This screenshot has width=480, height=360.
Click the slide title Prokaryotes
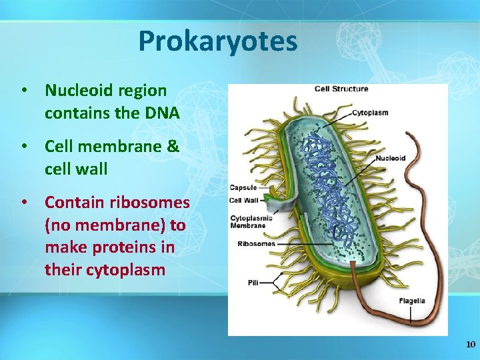tap(217, 41)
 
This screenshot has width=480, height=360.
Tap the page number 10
tap(471, 345)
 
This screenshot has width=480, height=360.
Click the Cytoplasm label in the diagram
tap(370, 113)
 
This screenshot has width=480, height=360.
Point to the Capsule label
tap(243, 187)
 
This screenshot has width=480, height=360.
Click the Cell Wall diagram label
tap(244, 200)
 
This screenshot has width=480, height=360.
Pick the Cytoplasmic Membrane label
tap(248, 221)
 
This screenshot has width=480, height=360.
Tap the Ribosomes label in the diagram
tap(256, 244)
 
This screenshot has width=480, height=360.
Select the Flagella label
tap(411, 301)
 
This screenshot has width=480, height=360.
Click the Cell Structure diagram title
tap(341, 89)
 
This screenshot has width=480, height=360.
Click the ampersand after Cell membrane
tap(173, 146)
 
